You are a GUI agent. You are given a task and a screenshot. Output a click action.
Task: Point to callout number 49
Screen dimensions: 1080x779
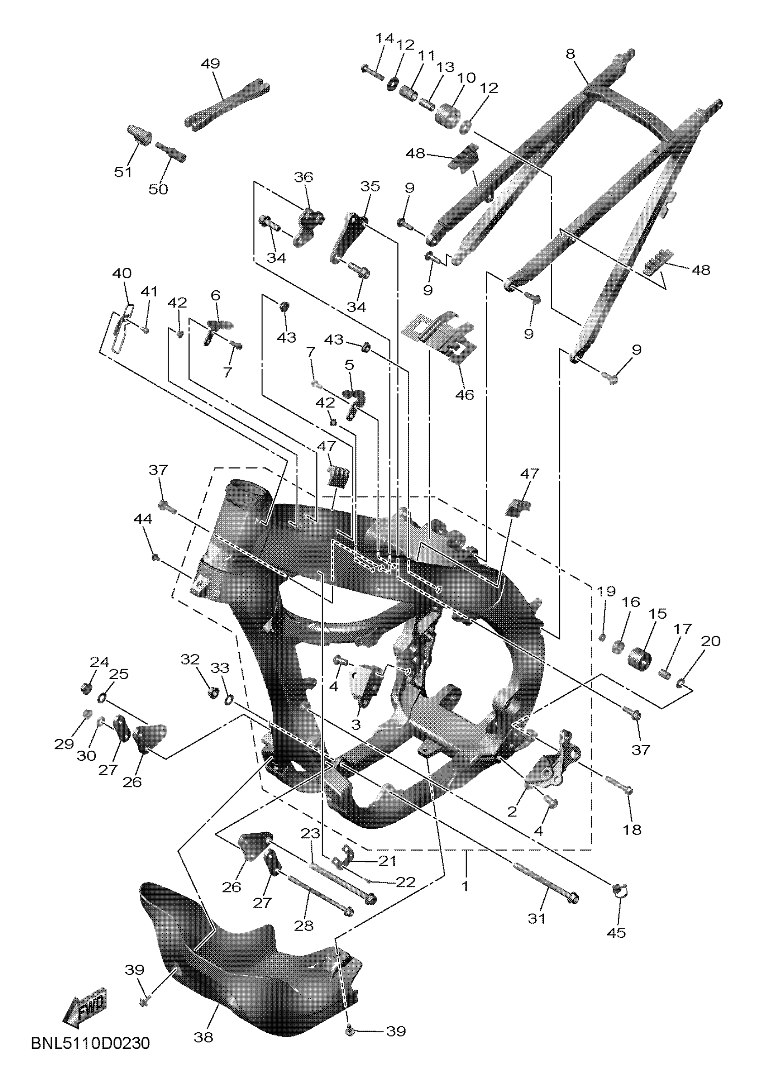210,63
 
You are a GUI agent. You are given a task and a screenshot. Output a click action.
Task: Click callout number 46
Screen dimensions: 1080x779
465,394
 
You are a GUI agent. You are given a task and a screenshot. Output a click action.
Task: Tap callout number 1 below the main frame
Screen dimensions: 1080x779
466,886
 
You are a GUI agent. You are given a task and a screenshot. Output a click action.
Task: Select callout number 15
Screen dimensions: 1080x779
658,613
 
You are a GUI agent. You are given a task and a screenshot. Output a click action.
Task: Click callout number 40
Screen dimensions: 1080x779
122,273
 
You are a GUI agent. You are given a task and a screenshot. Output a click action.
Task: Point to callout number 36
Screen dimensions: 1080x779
304,177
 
